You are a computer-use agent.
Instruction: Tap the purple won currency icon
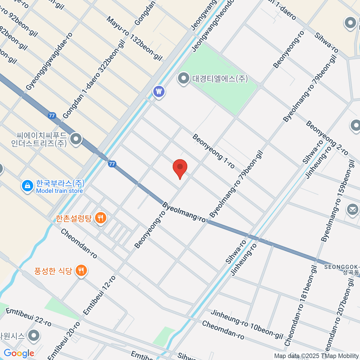(x=159, y=91)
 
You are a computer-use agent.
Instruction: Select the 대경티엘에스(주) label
(x=220, y=79)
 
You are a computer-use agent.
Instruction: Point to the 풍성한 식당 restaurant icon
(x=81, y=271)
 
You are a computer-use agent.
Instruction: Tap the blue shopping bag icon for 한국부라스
(x=28, y=186)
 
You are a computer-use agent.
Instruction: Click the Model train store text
(x=59, y=191)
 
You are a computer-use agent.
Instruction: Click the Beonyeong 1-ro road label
(x=213, y=151)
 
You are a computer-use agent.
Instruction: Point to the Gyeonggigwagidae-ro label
(x=49, y=61)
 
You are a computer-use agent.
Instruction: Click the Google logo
(x=19, y=353)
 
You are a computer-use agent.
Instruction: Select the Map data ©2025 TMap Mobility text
(x=316, y=356)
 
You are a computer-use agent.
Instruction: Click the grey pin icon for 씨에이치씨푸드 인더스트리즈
(x=76, y=139)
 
